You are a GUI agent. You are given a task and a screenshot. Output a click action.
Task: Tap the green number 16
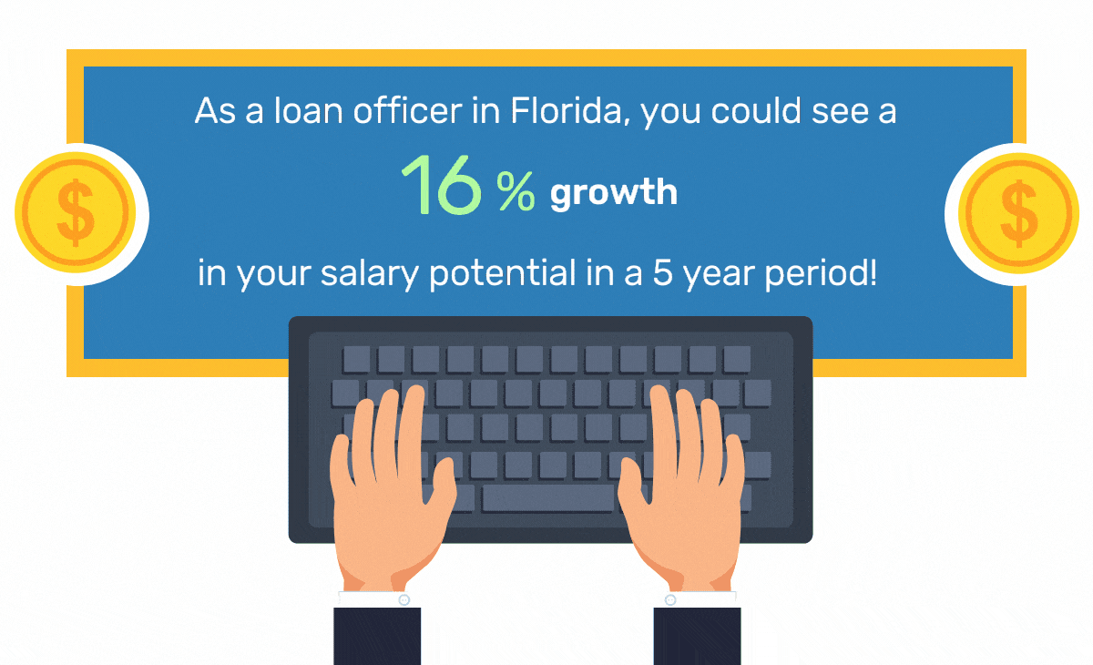442,185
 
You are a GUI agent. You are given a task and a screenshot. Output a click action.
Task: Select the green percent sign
516,190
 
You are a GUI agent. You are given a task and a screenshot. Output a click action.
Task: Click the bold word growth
614,193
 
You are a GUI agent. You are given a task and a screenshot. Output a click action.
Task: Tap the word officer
407,110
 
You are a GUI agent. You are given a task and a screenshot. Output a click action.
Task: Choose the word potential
503,273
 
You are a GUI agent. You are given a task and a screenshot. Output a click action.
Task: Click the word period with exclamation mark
821,273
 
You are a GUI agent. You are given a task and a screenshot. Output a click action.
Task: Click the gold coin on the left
75,213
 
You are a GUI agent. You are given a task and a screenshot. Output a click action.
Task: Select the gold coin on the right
1018,213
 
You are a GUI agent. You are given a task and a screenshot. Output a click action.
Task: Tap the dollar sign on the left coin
76,212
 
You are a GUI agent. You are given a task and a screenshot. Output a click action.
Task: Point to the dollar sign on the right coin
1019,213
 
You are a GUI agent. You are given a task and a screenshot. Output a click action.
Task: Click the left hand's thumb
443,484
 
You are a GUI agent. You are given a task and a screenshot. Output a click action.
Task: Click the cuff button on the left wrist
404,599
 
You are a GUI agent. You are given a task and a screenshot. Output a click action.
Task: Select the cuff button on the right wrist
670,599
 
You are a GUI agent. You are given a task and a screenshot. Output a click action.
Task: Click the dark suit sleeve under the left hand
377,636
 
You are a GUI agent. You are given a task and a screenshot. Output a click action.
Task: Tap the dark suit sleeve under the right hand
698,636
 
